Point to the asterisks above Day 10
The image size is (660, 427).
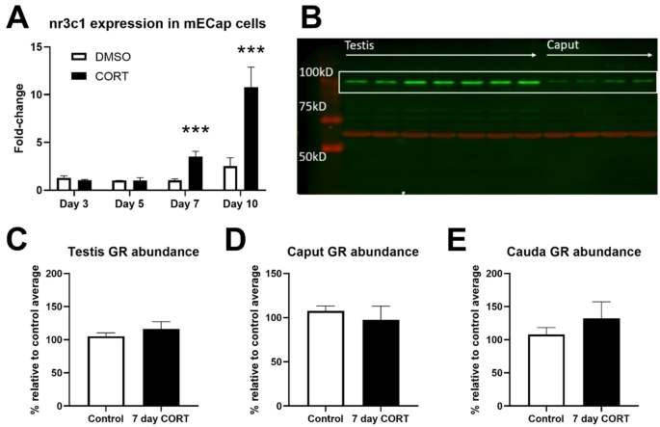[249, 50]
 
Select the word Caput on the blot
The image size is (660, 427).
[565, 45]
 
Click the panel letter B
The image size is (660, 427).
[310, 15]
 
